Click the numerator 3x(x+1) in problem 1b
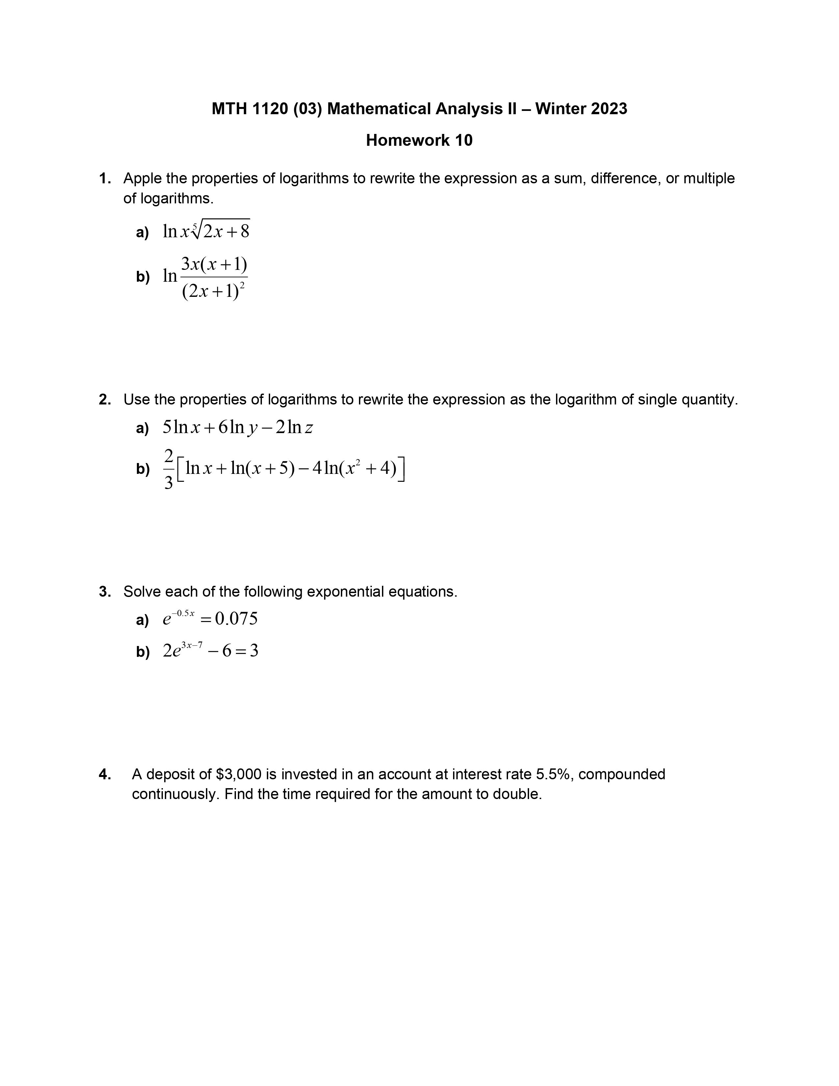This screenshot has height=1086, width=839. [214, 265]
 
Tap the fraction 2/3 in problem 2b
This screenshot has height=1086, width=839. [168, 469]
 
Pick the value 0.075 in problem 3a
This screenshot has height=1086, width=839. [237, 619]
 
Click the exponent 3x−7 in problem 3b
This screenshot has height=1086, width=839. [192, 645]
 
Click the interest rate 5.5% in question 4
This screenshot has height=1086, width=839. [552, 774]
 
